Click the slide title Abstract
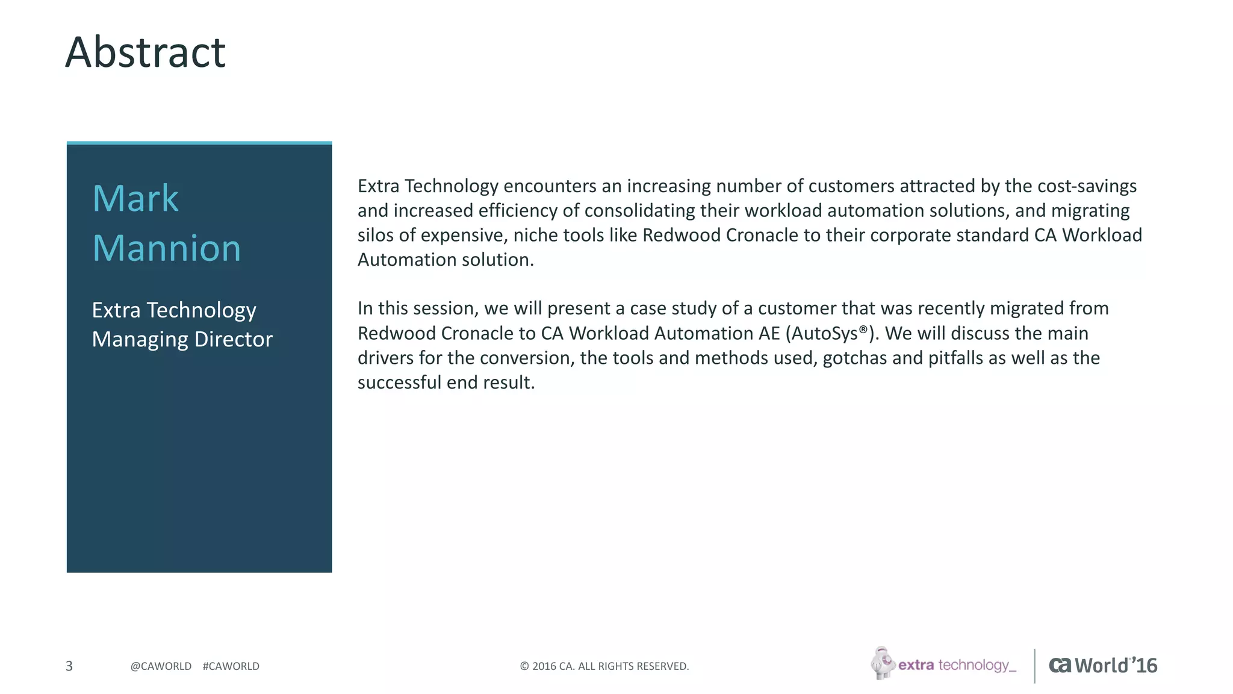pyautogui.click(x=145, y=52)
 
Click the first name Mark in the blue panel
pyautogui.click(x=135, y=198)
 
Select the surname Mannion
pyautogui.click(x=167, y=248)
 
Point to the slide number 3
pyautogui.click(x=69, y=666)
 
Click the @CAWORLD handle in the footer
pyautogui.click(x=161, y=666)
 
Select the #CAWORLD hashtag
pyautogui.click(x=231, y=666)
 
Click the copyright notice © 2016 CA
pyautogui.click(x=604, y=666)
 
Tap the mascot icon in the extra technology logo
pyautogui.click(x=883, y=663)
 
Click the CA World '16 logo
pyautogui.click(x=1103, y=665)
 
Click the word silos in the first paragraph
pyautogui.click(x=372, y=235)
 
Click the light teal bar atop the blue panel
pyautogui.click(x=199, y=143)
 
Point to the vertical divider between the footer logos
pyautogui.click(x=1035, y=666)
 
